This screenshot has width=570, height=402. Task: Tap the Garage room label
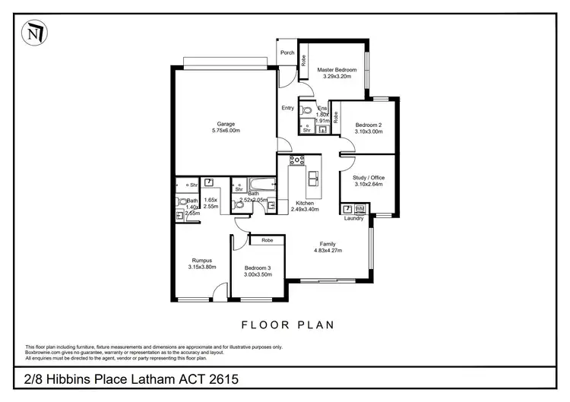(x=226, y=124)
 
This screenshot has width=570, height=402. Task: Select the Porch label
(x=287, y=52)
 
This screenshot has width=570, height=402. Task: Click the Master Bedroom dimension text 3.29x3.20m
(x=337, y=77)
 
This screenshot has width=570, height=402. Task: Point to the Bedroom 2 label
(x=369, y=125)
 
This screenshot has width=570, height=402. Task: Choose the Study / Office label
(x=369, y=177)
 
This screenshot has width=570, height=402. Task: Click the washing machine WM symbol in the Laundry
(x=360, y=208)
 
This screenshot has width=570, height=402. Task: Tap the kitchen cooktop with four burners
(x=297, y=160)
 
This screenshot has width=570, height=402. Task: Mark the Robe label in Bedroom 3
(x=268, y=240)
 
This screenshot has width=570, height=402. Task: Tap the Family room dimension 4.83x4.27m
(x=331, y=251)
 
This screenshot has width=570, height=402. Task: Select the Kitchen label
(x=305, y=203)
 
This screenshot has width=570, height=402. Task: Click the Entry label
(x=287, y=108)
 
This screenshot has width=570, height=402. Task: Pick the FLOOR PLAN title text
(x=288, y=324)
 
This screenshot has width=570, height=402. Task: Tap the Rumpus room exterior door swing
(x=219, y=290)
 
